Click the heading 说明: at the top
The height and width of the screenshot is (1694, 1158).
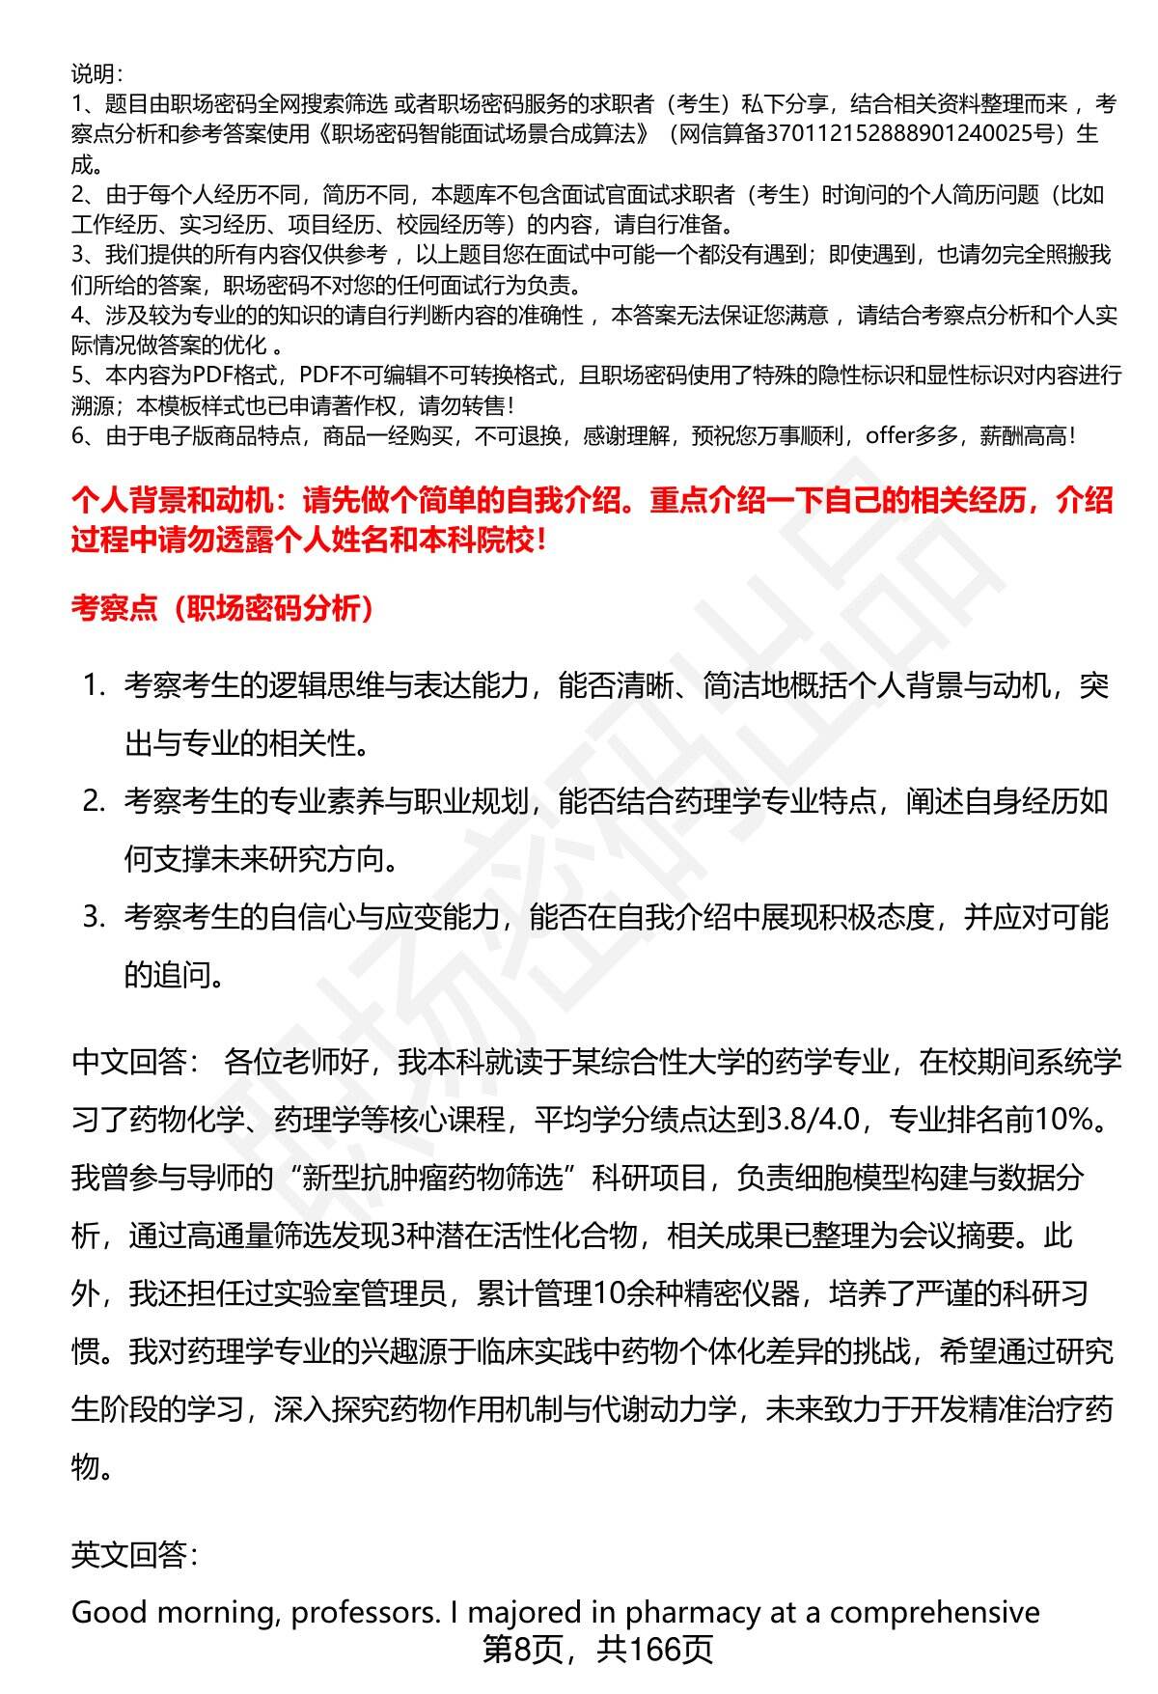96,73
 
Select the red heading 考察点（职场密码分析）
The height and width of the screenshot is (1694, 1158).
222,608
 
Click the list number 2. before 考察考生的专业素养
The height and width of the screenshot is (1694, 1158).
93,801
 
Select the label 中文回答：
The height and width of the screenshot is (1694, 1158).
135,1062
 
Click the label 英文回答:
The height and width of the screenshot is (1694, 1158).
135,1555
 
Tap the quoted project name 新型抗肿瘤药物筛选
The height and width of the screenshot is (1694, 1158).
440,1178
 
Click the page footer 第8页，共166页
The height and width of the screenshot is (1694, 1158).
597,1650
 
